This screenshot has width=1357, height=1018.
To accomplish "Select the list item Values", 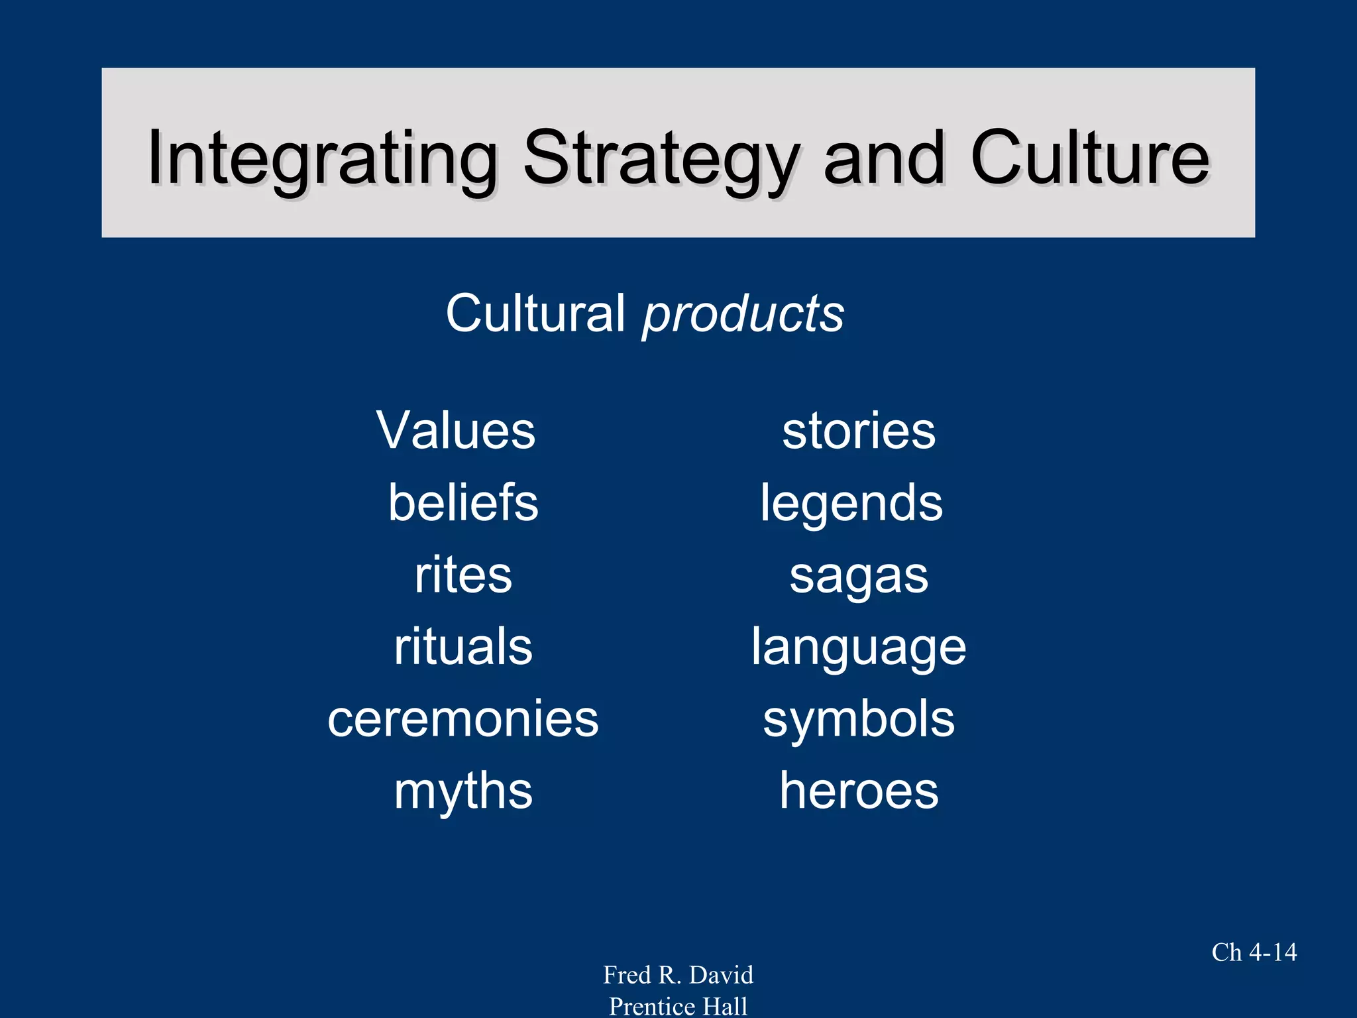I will pyautogui.click(x=456, y=431).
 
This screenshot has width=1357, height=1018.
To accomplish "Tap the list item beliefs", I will pyautogui.click(x=463, y=502).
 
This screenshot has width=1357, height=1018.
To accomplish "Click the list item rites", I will pyautogui.click(x=463, y=575).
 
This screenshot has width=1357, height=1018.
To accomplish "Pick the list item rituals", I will pyautogui.click(x=463, y=647).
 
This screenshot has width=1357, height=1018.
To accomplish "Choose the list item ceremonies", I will pyautogui.click(x=463, y=719).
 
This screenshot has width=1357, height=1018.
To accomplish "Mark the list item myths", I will pyautogui.click(x=463, y=791).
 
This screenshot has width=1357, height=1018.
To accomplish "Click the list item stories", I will pyautogui.click(x=859, y=431).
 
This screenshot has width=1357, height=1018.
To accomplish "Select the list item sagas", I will pyautogui.click(x=859, y=576).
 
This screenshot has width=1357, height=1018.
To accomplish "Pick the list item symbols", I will pyautogui.click(x=859, y=720).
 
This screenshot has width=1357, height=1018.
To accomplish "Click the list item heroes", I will pyautogui.click(x=859, y=791).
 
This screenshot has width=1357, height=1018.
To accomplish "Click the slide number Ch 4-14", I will pyautogui.click(x=1254, y=952).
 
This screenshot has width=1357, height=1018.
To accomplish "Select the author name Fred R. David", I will pyautogui.click(x=678, y=975).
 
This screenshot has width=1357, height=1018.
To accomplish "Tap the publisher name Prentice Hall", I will pyautogui.click(x=678, y=1006).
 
